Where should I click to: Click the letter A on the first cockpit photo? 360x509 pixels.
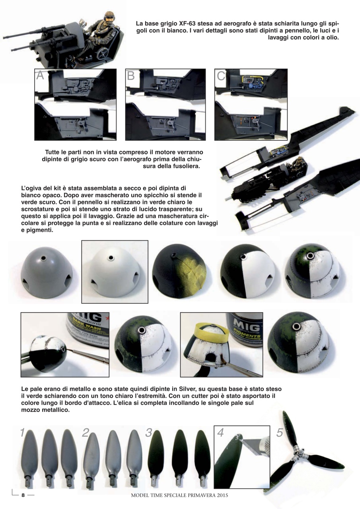tap(40, 76)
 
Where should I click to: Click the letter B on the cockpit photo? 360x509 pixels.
tap(131, 76)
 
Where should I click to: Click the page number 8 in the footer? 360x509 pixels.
tap(23, 495)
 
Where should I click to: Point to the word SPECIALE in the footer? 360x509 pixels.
tap(179, 495)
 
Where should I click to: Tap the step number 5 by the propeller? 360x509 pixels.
tap(279, 433)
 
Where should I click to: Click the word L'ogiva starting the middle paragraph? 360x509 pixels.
tap(31, 188)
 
